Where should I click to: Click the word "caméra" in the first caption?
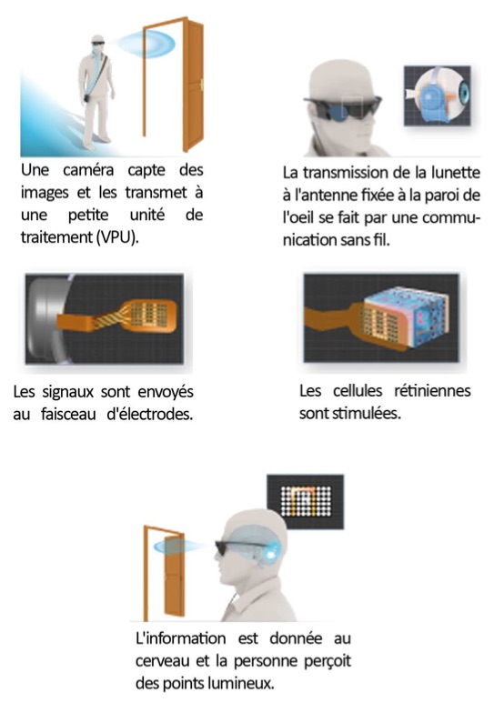[88, 170]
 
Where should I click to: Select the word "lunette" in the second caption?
[456, 173]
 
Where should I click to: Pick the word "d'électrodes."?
[150, 414]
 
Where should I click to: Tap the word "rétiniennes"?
[432, 391]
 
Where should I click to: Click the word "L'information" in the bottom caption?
[180, 638]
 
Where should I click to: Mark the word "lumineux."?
[244, 683]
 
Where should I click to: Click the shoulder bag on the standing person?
[87, 97]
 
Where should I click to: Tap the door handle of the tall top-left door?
[202, 84]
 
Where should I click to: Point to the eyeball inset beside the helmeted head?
[438, 95]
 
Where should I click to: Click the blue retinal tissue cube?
[406, 320]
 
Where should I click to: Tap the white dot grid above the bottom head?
[306, 501]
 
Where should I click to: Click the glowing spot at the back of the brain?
[271, 554]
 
